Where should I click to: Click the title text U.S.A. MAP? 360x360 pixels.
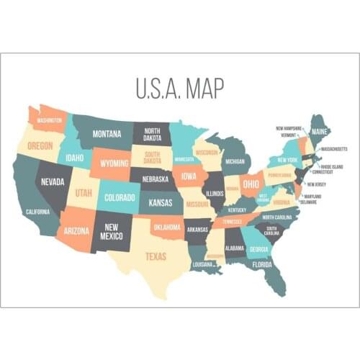point(180,88)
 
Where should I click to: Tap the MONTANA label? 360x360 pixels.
point(107,134)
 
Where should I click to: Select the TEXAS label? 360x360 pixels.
point(156,256)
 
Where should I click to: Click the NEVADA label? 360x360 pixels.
point(52,183)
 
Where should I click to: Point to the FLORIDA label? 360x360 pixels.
point(261,264)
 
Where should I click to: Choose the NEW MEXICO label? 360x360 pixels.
point(112,231)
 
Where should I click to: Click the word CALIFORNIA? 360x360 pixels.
point(37,212)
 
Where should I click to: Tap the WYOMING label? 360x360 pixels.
point(114,163)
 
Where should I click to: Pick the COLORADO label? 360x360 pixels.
point(120,197)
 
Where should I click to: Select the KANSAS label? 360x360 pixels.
point(160,203)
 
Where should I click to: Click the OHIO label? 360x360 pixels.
point(251,184)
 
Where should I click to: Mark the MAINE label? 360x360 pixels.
point(319,132)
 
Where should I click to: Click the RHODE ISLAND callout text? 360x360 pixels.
point(332,166)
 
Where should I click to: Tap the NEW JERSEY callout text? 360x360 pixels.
point(316,184)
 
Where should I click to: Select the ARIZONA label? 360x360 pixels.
point(76,231)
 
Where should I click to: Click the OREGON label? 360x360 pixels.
point(40,145)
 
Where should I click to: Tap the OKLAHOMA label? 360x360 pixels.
point(166,226)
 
